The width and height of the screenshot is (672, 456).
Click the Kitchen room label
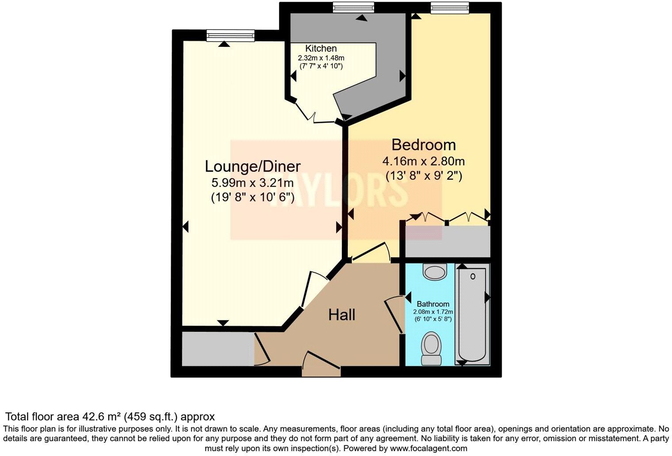point(321,49)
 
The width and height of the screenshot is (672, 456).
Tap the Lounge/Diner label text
point(252,166)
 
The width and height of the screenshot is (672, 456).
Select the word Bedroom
point(424,144)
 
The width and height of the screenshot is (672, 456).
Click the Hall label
point(342,315)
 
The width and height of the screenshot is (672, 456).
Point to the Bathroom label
point(433,304)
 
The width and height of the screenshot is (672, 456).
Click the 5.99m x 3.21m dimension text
point(252,182)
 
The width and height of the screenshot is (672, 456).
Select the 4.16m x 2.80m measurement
point(424,161)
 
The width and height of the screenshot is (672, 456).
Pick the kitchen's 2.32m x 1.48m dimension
point(321,58)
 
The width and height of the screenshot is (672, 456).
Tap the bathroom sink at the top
point(435,271)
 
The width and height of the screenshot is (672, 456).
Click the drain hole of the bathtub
point(473,277)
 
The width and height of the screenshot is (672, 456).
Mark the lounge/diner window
point(230,35)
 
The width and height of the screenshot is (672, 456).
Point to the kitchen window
point(353,8)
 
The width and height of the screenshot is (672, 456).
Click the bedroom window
point(449,8)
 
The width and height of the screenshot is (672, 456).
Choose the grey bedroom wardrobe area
point(447,241)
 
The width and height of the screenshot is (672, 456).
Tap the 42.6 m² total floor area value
point(101,417)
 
